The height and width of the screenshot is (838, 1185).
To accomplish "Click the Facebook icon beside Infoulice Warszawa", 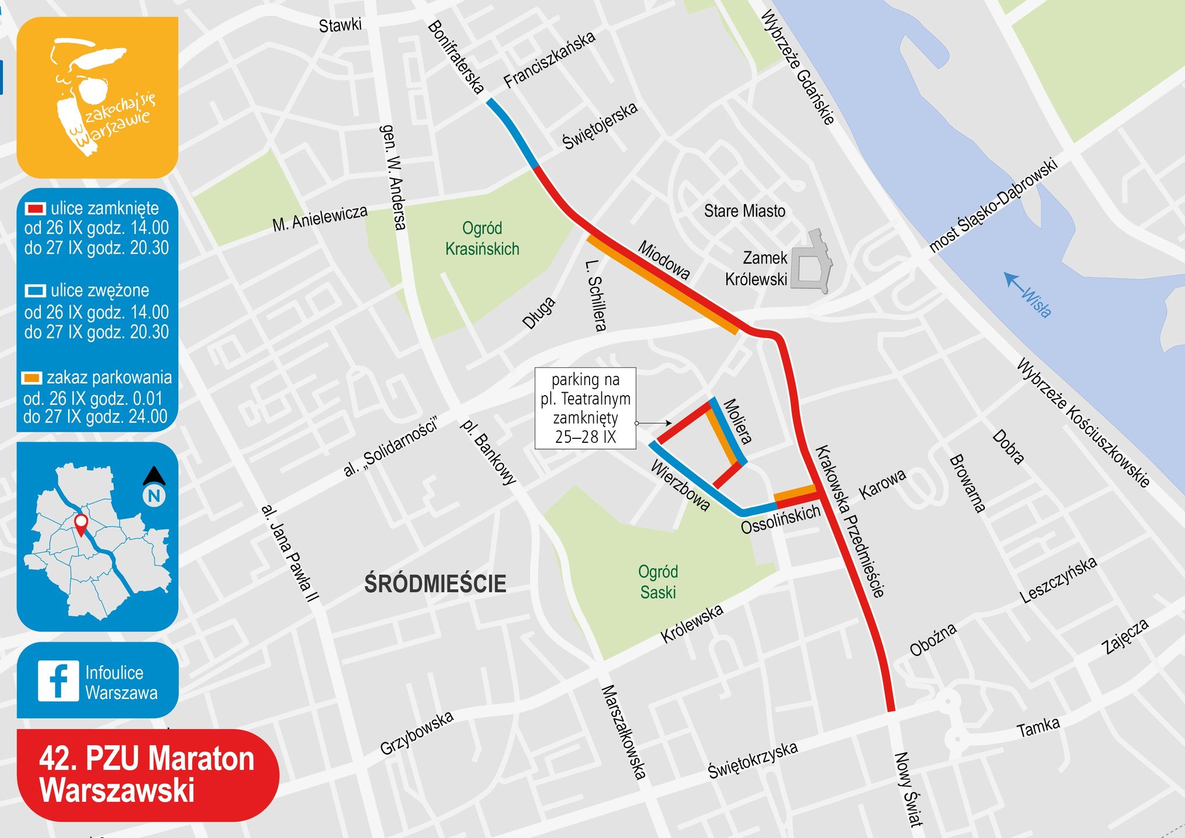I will pos(58,681).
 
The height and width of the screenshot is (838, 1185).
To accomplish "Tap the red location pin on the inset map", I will pos(81,524).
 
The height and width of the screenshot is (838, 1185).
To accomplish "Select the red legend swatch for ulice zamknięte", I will pos(35,208).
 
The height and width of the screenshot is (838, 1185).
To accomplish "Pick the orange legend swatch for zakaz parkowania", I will pos(31,378).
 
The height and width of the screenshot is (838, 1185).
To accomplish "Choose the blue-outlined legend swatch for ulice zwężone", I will pos(35,290).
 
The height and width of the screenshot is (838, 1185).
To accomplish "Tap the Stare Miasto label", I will pos(744,211).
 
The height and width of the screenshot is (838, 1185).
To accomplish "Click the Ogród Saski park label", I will pos(658,582).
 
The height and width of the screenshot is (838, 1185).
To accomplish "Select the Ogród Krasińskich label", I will pos(482,239).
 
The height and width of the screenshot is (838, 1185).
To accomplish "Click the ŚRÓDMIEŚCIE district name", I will pos(435,584).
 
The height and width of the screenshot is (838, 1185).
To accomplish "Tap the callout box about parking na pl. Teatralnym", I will pos(585,408).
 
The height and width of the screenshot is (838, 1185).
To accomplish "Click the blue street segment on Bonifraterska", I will pos(512,133).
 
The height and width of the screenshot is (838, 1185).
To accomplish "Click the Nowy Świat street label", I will pos(907,789).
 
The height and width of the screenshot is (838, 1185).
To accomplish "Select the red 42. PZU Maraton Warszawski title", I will pos(147,775).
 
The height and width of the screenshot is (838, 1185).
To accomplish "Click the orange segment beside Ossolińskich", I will pos(795,493).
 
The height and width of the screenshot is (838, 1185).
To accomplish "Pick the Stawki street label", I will pos(340,25).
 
